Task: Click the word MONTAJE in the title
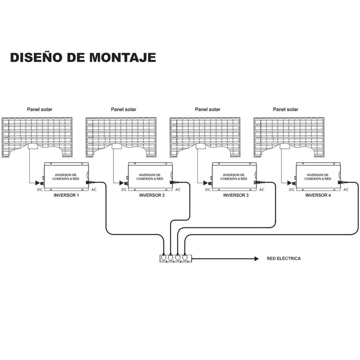[x=122, y=57]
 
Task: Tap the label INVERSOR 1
[x=66, y=196]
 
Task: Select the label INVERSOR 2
[x=152, y=196]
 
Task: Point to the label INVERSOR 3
[x=236, y=196]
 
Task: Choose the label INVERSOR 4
[x=318, y=196]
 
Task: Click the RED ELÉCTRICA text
[x=284, y=258]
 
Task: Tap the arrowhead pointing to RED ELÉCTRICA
[x=257, y=259]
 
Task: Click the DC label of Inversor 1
[x=40, y=190]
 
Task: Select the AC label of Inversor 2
[x=178, y=190]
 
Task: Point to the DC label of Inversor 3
[x=208, y=190]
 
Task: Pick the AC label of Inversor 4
[x=346, y=190]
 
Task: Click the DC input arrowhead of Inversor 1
[x=37, y=183]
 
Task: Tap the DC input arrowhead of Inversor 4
[x=290, y=183]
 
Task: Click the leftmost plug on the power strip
[x=163, y=257]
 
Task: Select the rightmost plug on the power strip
[x=185, y=257]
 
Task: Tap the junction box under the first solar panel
[x=33, y=146]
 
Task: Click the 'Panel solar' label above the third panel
[x=208, y=109]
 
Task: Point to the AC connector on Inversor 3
[x=257, y=182]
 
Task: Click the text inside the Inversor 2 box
[x=150, y=177]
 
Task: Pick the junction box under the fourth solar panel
[x=285, y=146]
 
